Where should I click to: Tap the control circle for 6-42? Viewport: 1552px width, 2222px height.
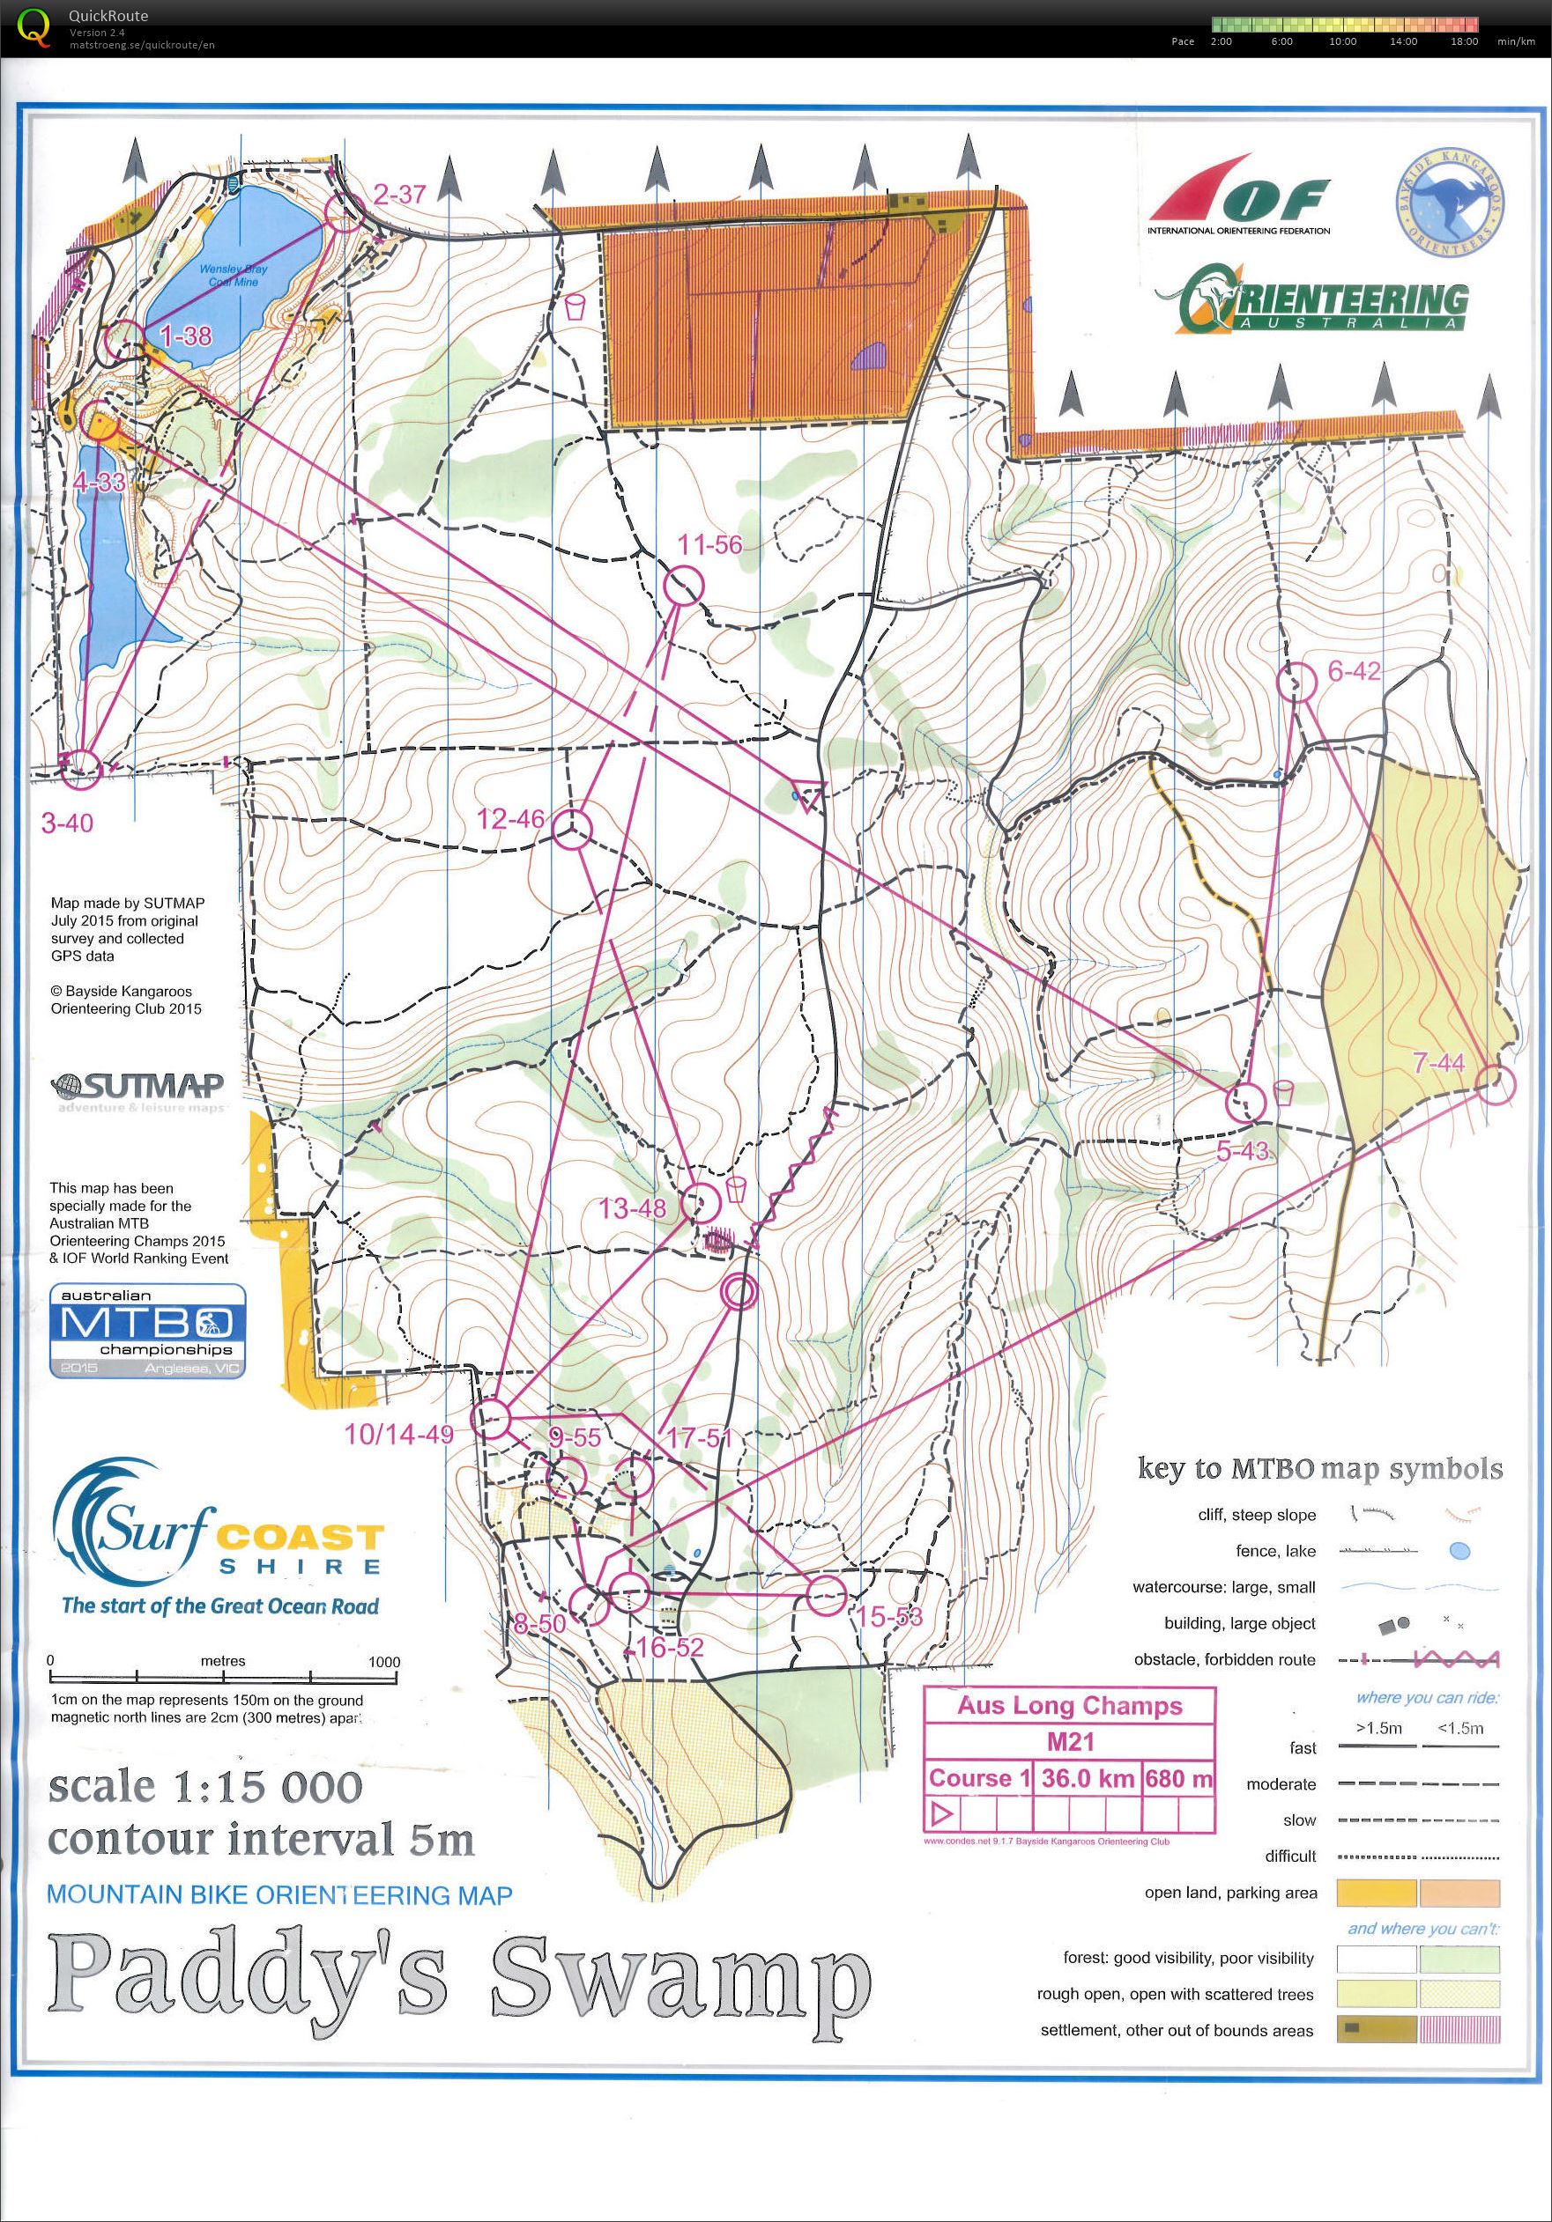(x=1296, y=683)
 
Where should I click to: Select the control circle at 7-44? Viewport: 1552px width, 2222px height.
(x=1496, y=1085)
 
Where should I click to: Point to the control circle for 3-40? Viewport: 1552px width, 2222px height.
(x=80, y=767)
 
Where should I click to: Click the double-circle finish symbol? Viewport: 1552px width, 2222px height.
(x=739, y=1291)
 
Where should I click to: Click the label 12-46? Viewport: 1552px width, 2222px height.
(x=510, y=819)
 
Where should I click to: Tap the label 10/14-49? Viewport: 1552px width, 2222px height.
(x=399, y=1436)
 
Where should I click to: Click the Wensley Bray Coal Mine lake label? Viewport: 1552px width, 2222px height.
(x=234, y=275)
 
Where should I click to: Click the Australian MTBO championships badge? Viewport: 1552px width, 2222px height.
(x=147, y=1331)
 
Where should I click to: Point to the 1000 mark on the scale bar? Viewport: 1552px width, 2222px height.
(x=383, y=1662)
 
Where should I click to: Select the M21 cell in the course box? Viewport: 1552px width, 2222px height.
(x=1070, y=1742)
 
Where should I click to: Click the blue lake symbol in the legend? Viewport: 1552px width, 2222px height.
(x=1459, y=1551)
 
